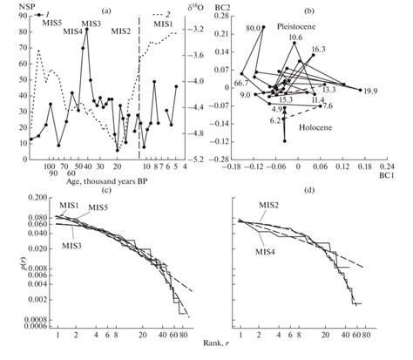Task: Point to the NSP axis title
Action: tap(15, 6)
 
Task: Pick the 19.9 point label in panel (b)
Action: tap(370, 92)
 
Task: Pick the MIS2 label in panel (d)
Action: tap(271, 206)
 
